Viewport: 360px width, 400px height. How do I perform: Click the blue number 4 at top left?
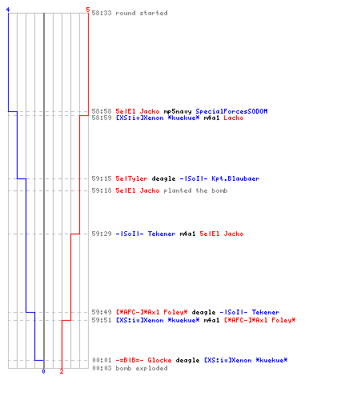[8, 10]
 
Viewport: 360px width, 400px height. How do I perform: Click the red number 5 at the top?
[88, 10]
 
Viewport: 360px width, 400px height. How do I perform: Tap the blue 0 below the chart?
[43, 371]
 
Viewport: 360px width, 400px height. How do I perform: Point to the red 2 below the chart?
[62, 371]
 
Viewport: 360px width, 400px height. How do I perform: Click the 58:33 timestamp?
[102, 13]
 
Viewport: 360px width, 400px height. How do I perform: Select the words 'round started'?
[142, 13]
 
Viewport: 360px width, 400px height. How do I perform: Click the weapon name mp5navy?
[178, 111]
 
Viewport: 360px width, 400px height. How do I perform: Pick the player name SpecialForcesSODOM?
[231, 111]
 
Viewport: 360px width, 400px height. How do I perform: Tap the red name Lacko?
[234, 118]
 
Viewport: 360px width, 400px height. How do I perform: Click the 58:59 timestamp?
[102, 118]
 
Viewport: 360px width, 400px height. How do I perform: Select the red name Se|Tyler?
[131, 178]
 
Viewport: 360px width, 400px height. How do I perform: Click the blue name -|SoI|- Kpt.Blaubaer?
[219, 178]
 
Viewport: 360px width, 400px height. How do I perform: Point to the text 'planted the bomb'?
[195, 190]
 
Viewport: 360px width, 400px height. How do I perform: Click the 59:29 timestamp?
[102, 234]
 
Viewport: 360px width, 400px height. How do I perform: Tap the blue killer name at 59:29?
[146, 234]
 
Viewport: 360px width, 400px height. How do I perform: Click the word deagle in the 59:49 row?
[203, 312]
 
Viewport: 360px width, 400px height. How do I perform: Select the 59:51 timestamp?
[102, 320]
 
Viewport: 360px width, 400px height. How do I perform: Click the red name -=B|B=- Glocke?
[143, 360]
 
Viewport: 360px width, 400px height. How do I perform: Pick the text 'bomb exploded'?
[142, 368]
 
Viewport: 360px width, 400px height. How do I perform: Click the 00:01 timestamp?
[102, 360]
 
